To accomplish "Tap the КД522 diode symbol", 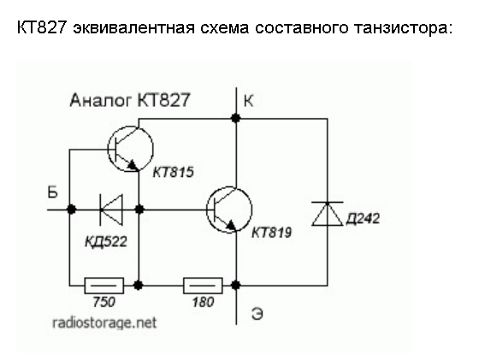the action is coord(111,210).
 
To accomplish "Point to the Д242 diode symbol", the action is coord(327,214).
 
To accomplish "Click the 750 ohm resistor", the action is coord(103,286).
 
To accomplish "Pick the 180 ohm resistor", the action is coord(203,286).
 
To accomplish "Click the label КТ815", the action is coord(173,172).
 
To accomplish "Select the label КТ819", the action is coord(272,233).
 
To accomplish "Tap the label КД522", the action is coord(106,242).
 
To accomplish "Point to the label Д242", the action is coord(363,219).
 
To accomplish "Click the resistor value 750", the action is coord(104,303).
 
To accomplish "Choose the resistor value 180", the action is coord(204,303).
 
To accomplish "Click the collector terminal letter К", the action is coord(248,100).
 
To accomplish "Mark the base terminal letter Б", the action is coord(53,192).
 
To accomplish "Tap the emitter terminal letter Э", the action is coord(257,314).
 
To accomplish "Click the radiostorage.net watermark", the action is coord(104,322).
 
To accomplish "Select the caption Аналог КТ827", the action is coord(130,100).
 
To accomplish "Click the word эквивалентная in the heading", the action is coord(133,27).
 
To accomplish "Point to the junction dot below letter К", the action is coord(235,118).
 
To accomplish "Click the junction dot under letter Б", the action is coord(71,210).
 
